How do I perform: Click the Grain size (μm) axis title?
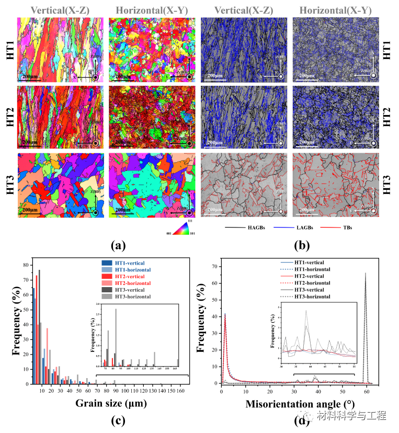(x=111, y=403)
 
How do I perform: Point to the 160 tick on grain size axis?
(x=180, y=390)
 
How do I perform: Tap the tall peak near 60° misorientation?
(x=365, y=274)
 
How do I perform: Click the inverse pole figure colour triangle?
(x=178, y=225)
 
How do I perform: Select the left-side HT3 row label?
(x=10, y=184)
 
